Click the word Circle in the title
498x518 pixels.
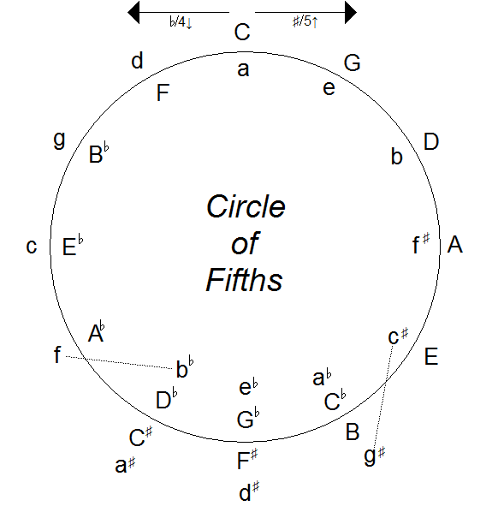click(246, 208)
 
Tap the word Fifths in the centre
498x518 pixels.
click(244, 279)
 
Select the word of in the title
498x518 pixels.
click(245, 244)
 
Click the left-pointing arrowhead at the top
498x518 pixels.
click(134, 11)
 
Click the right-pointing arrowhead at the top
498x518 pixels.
click(349, 11)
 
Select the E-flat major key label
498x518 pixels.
click(74, 248)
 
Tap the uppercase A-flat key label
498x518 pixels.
click(96, 332)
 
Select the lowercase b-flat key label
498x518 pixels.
click(184, 369)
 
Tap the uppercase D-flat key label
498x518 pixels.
click(167, 399)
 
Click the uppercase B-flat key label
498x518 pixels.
click(99, 155)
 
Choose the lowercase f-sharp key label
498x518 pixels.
click(420, 245)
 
